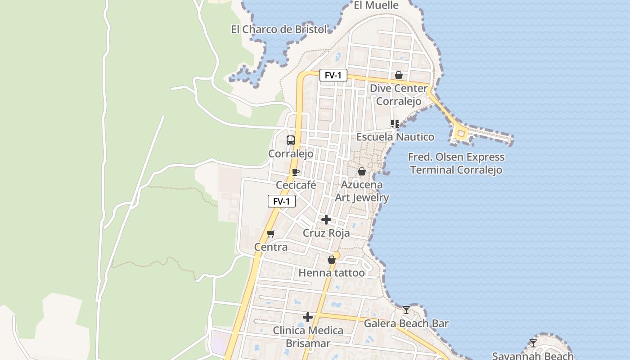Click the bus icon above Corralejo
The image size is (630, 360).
291,140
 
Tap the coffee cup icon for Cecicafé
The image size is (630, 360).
295,172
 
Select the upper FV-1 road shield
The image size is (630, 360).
333,75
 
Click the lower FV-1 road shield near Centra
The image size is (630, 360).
281,201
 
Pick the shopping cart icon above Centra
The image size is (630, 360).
270,234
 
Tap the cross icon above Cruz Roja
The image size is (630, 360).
326,220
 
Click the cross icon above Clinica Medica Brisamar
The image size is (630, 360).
308,317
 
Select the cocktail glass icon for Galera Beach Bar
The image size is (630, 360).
406,310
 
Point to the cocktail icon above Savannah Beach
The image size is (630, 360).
533,343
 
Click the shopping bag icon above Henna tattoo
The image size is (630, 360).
332,260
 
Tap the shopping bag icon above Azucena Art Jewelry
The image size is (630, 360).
361,171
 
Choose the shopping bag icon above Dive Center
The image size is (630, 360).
398,75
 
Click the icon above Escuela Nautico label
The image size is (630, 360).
395,123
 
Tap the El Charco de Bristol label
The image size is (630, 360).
279,30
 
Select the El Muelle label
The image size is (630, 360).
376,5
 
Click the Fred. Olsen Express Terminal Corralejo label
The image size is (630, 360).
456,163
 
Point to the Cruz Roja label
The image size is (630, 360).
326,233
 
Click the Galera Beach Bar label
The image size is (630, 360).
406,323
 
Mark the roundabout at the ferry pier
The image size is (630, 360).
461,133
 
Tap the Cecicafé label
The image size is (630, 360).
296,185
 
